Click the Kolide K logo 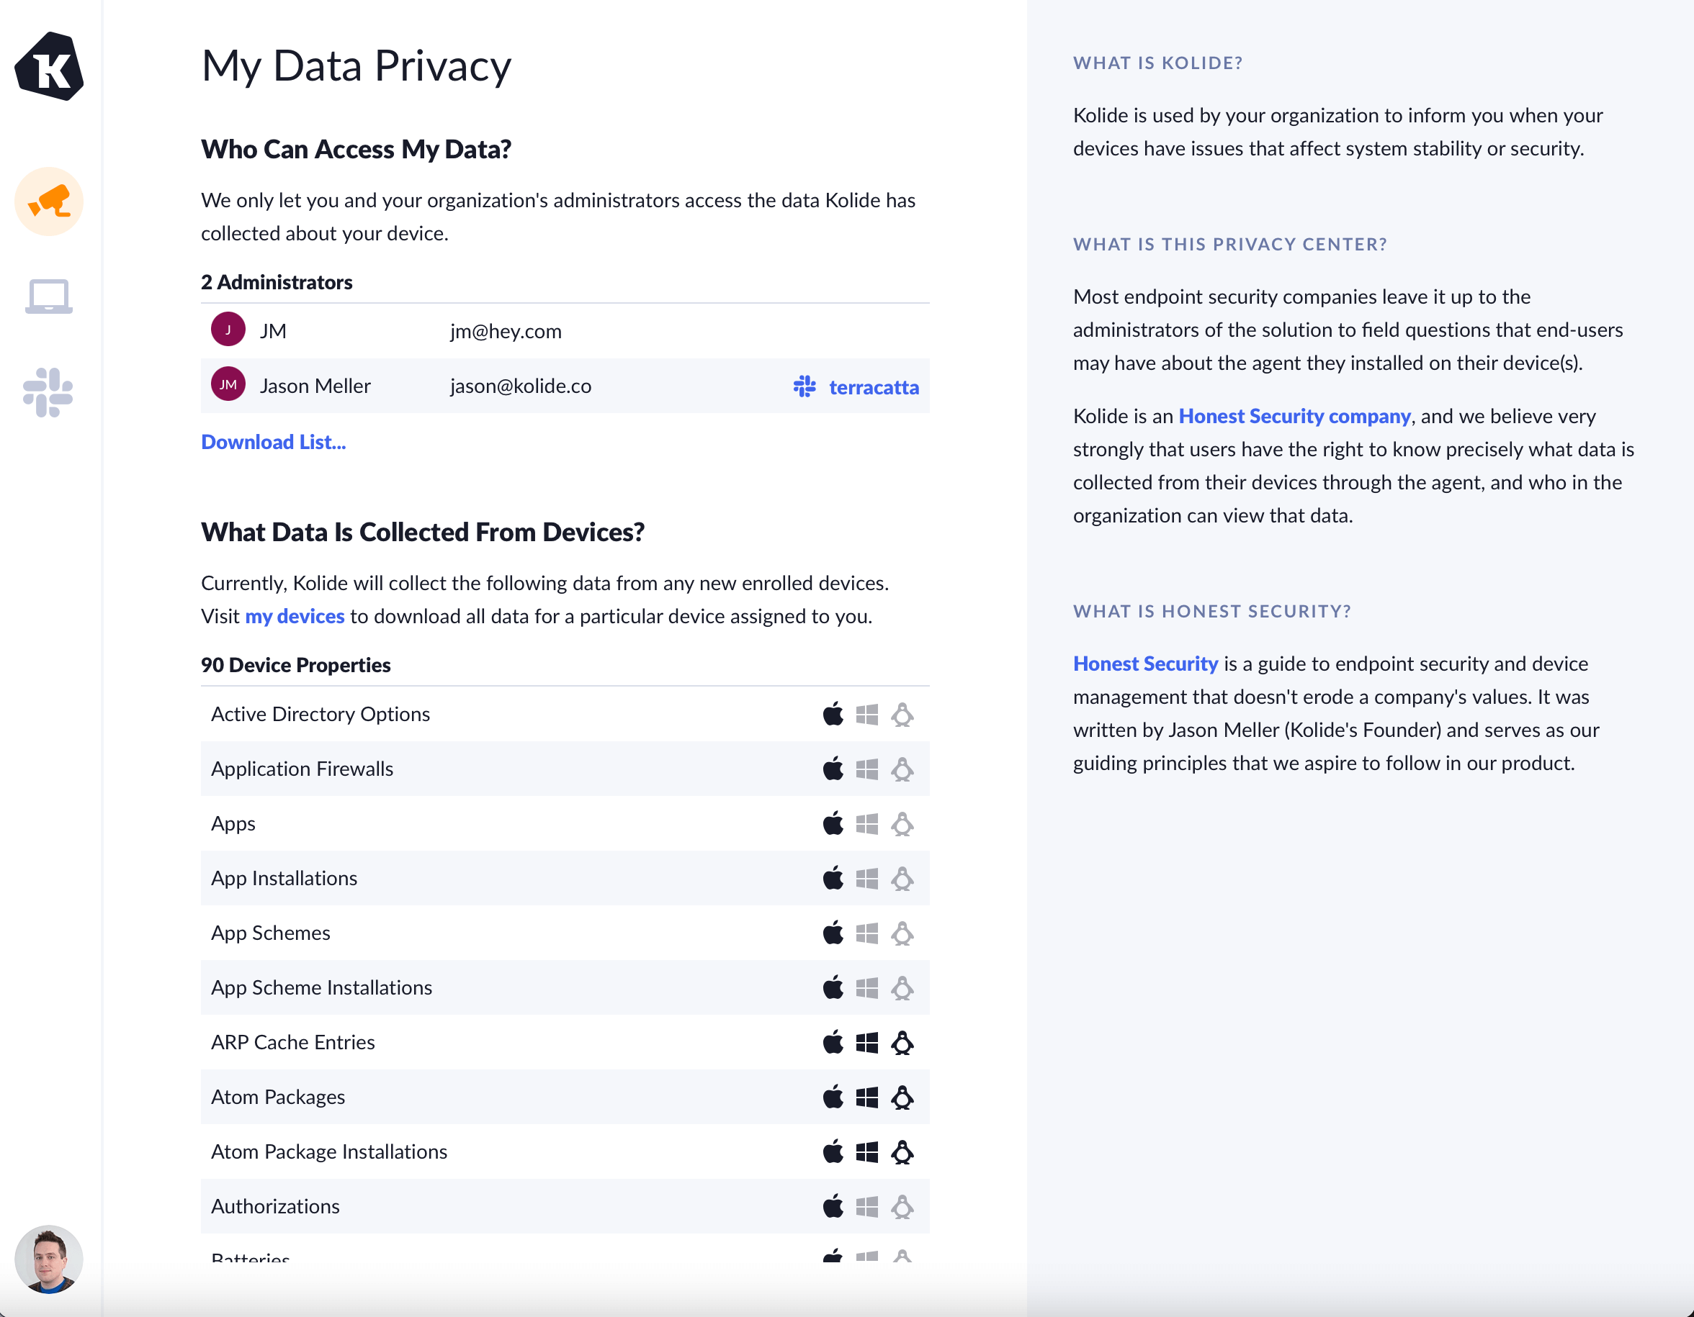click(x=49, y=67)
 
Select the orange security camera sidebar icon click(x=49, y=202)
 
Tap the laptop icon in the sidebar click(x=49, y=296)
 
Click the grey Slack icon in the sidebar click(x=48, y=392)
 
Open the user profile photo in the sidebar click(x=49, y=1259)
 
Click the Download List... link click(x=273, y=442)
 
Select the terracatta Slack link click(x=873, y=386)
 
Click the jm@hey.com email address click(x=506, y=331)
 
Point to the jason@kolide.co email click(x=521, y=386)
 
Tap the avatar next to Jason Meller click(x=228, y=384)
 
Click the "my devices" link click(x=295, y=616)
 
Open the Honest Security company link click(x=1294, y=416)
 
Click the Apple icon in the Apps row click(x=833, y=823)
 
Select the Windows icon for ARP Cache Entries click(x=866, y=1043)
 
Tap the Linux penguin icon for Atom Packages click(x=902, y=1097)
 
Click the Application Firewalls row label click(x=302, y=769)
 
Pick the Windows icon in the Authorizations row click(x=866, y=1206)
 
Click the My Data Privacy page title click(x=356, y=66)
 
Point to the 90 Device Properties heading click(x=295, y=665)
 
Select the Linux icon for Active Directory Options click(x=902, y=714)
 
